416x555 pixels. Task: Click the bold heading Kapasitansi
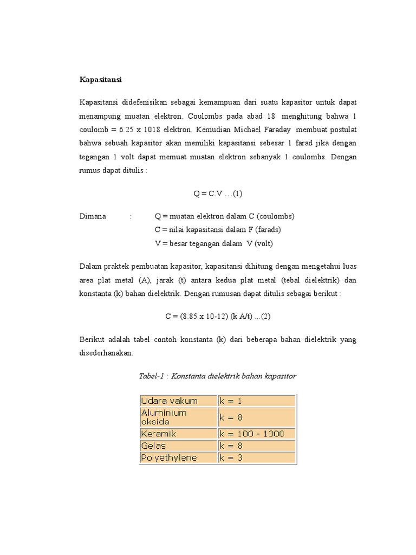point(101,80)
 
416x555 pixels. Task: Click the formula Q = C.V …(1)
point(221,193)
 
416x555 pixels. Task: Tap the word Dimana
point(93,216)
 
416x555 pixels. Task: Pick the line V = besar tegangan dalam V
point(214,243)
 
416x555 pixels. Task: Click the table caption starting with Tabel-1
point(218,376)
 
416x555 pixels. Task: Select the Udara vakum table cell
point(178,401)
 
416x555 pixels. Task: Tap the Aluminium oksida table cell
point(178,417)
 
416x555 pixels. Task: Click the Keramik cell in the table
point(178,434)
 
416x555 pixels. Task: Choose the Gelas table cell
point(178,446)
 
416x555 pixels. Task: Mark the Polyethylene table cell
point(178,457)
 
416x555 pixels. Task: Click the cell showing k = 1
point(257,401)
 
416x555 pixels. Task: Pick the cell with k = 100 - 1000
point(257,434)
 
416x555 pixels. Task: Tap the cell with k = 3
point(257,457)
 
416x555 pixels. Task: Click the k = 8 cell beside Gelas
point(257,446)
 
